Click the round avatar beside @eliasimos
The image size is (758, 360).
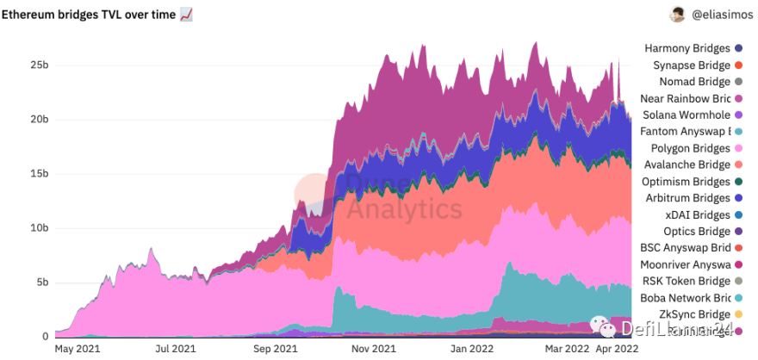[x=678, y=15]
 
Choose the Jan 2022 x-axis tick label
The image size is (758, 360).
[x=470, y=349]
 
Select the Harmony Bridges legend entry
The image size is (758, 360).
[x=687, y=48]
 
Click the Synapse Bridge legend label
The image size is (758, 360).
[x=691, y=65]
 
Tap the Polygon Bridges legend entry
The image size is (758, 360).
[x=691, y=148]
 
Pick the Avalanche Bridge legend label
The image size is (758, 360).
[x=689, y=164]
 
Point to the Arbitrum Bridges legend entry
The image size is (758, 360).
[x=689, y=198]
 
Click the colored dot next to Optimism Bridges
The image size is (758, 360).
[x=738, y=182]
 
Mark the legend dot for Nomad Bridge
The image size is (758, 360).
[x=738, y=82]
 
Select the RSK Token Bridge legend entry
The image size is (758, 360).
[x=686, y=281]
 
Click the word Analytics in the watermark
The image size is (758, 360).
[x=405, y=208]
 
